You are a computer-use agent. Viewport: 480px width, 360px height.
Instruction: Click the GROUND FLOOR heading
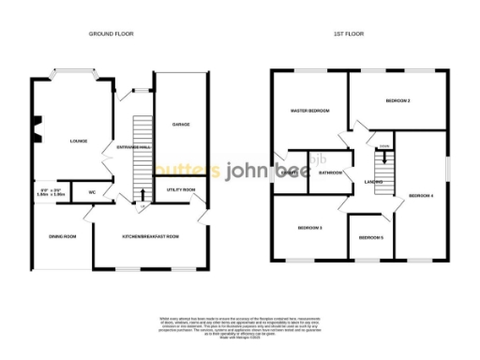tap(112, 34)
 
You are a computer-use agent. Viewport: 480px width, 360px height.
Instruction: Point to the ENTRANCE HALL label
tap(132, 147)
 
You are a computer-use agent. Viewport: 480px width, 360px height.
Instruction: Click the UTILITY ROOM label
tap(181, 190)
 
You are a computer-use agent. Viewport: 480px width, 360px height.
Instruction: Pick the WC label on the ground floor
tap(92, 192)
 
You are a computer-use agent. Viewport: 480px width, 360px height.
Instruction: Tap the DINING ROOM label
tap(63, 235)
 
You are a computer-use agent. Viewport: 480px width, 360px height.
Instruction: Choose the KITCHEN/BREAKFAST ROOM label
tap(150, 235)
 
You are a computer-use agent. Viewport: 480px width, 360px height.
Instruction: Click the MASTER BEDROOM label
tap(308, 111)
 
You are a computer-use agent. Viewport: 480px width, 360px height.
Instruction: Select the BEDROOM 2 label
tap(398, 100)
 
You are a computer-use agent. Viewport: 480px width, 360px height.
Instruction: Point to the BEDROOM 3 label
tap(309, 228)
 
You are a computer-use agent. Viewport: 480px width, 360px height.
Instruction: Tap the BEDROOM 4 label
tap(420, 195)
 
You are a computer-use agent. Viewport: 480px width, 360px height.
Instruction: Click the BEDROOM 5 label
tap(370, 236)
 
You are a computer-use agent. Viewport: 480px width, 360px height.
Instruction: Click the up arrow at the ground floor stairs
tap(142, 195)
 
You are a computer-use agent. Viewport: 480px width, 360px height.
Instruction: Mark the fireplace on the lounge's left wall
tap(37, 128)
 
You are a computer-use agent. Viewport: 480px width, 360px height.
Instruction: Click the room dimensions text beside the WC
tap(52, 192)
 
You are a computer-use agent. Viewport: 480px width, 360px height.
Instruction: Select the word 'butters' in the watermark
tap(187, 171)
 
